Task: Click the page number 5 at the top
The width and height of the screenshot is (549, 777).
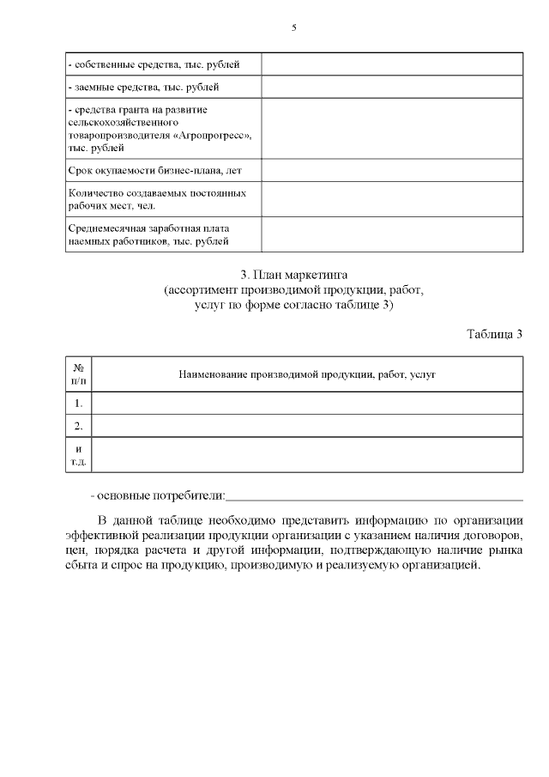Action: click(x=294, y=27)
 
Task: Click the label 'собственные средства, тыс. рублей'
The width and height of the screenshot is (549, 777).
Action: click(x=154, y=64)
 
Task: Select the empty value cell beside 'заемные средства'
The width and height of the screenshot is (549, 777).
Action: click(x=392, y=88)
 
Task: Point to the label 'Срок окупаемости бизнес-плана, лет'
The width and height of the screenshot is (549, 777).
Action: click(x=154, y=170)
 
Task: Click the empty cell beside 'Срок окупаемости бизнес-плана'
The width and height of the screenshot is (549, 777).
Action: click(x=392, y=170)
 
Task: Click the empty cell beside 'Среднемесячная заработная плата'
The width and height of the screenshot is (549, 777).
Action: click(x=392, y=234)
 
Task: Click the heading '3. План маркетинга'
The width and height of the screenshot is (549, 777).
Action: click(x=293, y=275)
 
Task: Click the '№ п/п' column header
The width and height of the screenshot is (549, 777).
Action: click(x=78, y=374)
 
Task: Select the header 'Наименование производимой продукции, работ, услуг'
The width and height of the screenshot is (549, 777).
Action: click(x=306, y=374)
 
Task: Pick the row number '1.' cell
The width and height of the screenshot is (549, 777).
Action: click(x=78, y=403)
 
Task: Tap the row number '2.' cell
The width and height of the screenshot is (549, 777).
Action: click(x=78, y=426)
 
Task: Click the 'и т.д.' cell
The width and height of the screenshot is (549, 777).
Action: click(x=78, y=454)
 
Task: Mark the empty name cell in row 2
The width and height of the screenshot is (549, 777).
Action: click(x=306, y=426)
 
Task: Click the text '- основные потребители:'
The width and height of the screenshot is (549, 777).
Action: click(x=158, y=495)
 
